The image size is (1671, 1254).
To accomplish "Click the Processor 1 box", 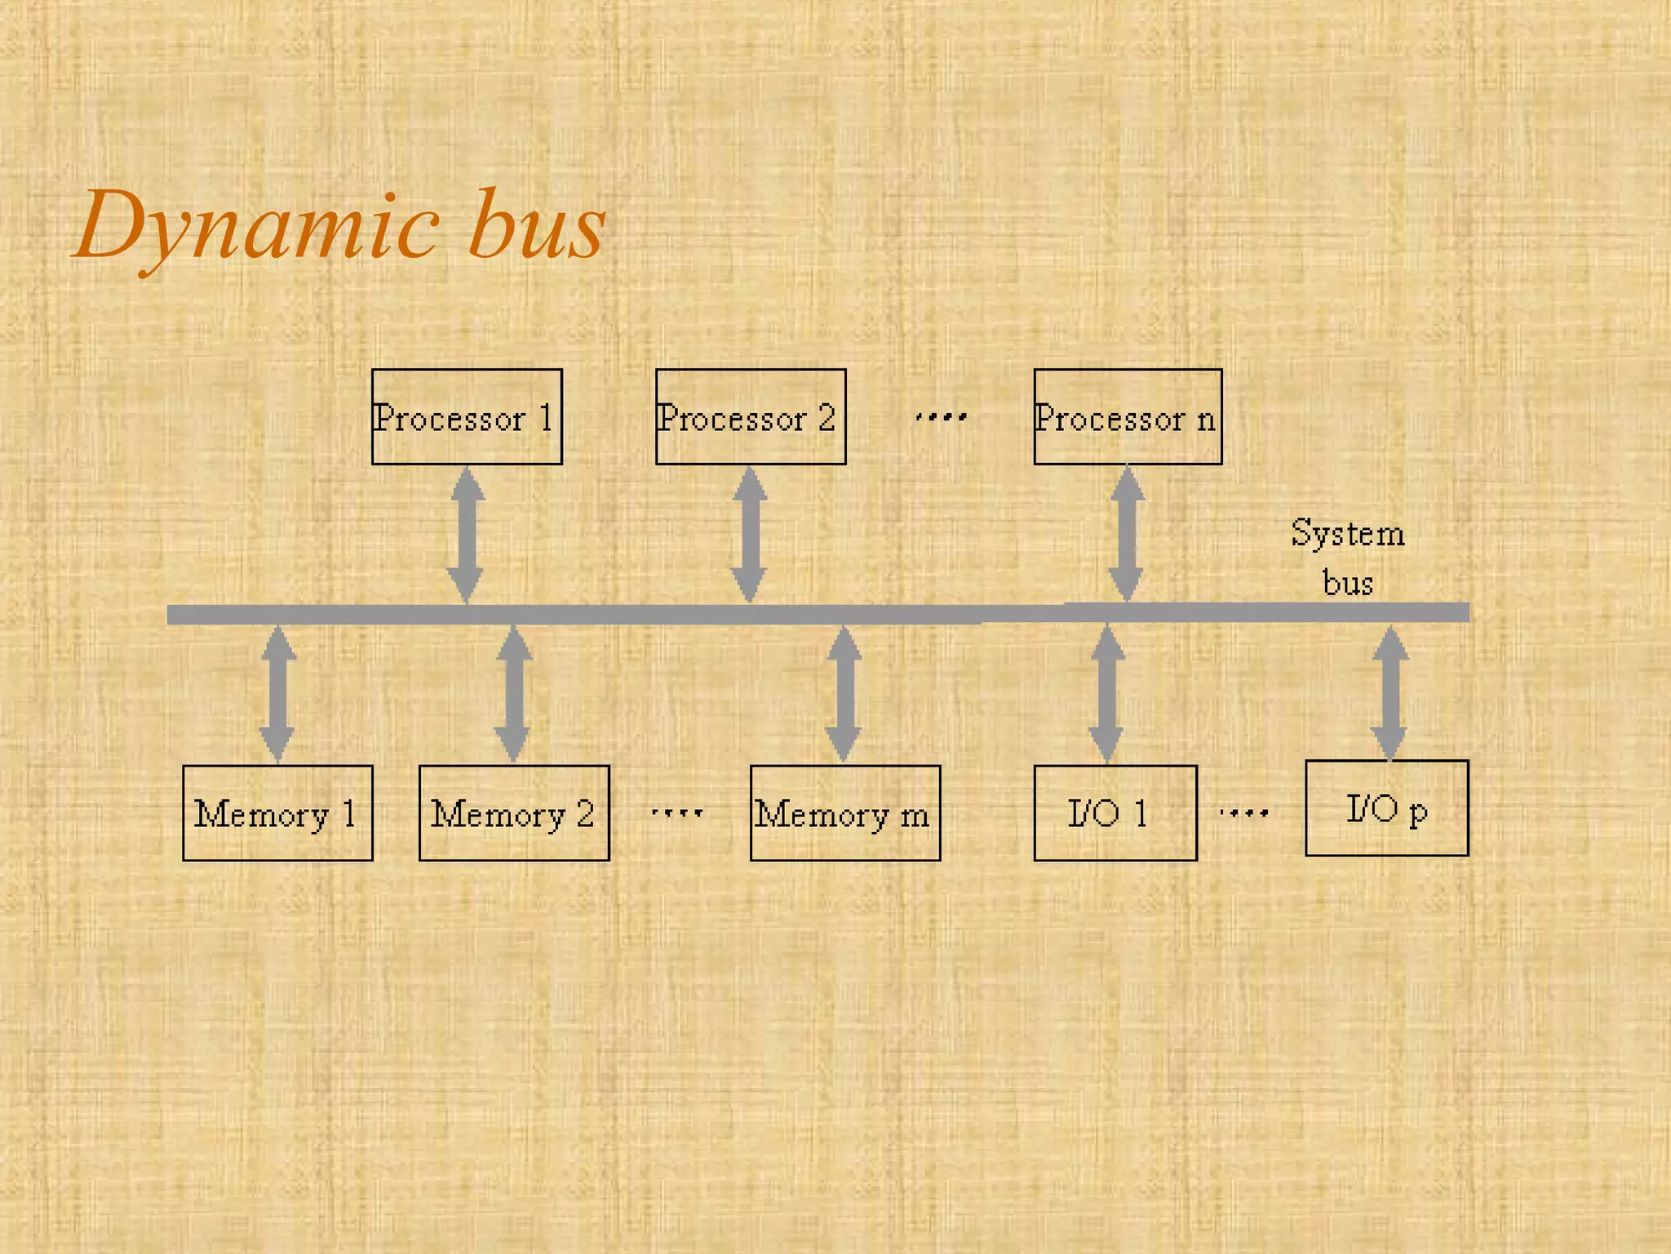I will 467,416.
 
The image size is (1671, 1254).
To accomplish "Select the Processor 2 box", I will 751,416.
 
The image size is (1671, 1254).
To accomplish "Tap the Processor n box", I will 1128,416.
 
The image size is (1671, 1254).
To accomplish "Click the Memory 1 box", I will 277,813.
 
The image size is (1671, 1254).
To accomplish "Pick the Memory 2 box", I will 514,813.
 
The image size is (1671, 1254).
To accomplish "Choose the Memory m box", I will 844,813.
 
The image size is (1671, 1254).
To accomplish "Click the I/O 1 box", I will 1115,813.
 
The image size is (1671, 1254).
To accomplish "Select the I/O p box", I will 1386,808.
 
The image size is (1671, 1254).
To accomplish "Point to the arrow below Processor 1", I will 467,535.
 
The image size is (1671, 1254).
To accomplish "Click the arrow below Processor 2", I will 749,535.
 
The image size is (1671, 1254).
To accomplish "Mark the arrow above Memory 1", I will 277,694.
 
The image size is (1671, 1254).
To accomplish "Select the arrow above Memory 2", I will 513,694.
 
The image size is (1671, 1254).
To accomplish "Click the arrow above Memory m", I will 844,694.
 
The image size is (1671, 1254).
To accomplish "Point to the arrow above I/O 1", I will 1106,694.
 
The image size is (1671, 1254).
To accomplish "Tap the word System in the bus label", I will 1348,535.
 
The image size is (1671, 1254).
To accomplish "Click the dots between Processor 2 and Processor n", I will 941,417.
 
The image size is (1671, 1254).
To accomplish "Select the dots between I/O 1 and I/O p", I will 1243,812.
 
